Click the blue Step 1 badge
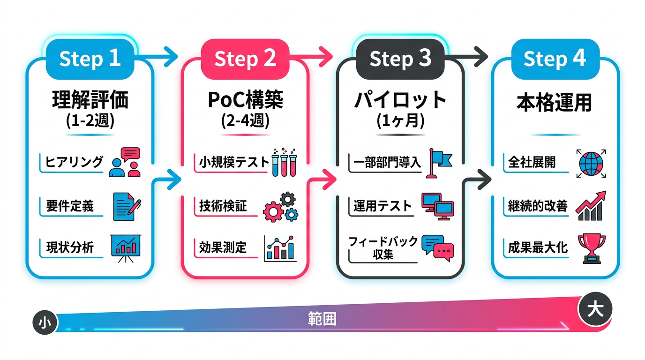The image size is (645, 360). (90, 59)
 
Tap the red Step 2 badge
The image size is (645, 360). (245, 59)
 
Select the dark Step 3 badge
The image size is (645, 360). (400, 59)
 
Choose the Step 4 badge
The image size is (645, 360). (555, 59)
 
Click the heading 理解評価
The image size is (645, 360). (90, 100)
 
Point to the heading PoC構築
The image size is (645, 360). (245, 100)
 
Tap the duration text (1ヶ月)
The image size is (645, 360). (400, 121)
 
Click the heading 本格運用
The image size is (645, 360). (555, 102)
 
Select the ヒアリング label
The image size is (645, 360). (74, 162)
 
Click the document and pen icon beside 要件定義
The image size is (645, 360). (127, 206)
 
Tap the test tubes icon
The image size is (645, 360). (284, 162)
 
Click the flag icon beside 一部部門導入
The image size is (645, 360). (439, 162)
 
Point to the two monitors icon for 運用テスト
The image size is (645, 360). (437, 206)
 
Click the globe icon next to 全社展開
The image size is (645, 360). (592, 163)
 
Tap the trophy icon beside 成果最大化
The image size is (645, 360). (592, 247)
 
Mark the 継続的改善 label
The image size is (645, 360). (538, 206)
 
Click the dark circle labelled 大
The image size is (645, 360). (595, 310)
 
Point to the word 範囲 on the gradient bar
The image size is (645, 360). (322, 319)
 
